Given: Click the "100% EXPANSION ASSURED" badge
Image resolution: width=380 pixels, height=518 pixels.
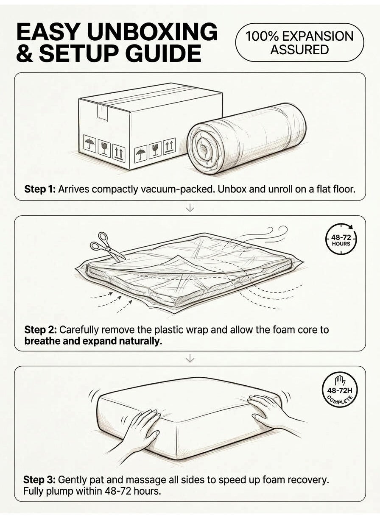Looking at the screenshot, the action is click(299, 42).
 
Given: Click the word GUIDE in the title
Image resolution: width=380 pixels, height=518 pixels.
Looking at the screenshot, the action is click(161, 53).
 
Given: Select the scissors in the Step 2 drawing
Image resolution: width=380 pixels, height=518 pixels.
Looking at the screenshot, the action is click(106, 247).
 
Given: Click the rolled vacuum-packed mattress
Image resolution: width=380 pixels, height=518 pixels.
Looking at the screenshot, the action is click(247, 139).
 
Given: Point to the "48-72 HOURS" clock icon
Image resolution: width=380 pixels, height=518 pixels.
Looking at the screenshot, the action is click(341, 240).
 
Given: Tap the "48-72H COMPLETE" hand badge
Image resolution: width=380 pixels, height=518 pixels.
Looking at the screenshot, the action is click(340, 390).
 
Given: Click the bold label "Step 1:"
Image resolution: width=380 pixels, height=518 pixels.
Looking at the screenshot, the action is click(40, 189).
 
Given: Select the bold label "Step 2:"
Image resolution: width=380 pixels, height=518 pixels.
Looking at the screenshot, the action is click(40, 330).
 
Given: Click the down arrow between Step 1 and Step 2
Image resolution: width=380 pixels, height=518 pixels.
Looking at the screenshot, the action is click(190, 208).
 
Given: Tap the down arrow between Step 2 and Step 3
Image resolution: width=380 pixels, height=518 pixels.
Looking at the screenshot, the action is click(190, 359).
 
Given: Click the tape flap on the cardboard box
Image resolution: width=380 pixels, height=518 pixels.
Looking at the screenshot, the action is click(102, 111).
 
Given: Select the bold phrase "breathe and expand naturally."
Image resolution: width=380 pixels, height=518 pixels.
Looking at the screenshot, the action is click(93, 341).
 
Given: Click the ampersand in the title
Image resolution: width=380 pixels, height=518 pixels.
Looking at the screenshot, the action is click(25, 53).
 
